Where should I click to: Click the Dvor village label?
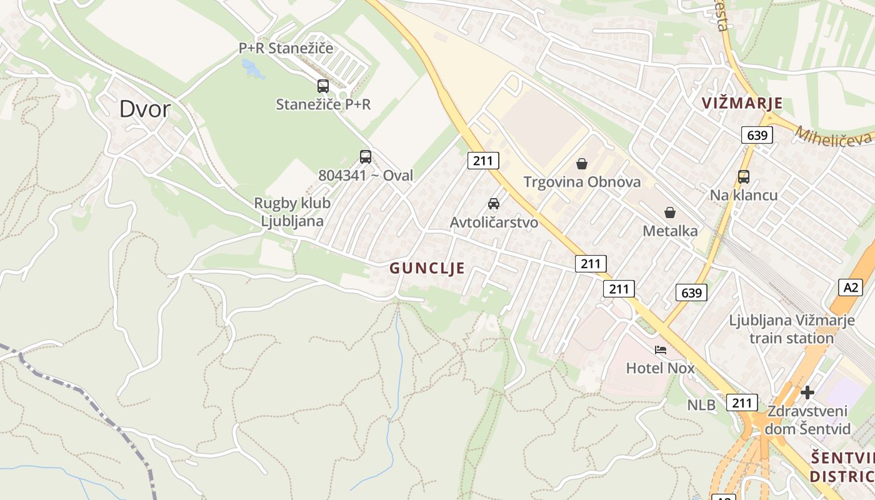tap(144, 109)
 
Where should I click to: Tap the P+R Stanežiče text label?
tap(286, 48)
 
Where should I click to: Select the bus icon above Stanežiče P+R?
tap(322, 86)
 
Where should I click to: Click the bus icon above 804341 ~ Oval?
tap(366, 157)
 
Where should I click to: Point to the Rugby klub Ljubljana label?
tap(292, 212)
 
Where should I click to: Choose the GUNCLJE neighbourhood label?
tap(427, 268)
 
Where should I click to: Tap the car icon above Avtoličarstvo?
tap(494, 204)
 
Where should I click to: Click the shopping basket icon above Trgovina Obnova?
tap(582, 164)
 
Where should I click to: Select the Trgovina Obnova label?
tap(582, 182)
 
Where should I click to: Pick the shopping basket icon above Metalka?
tap(670, 212)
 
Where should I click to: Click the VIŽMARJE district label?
tap(742, 103)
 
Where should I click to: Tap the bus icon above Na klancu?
tap(743, 177)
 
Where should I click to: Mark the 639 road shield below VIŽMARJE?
tap(757, 135)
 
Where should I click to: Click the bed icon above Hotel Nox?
tap(661, 350)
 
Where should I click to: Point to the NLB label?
tap(701, 405)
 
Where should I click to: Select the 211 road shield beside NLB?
tap(742, 403)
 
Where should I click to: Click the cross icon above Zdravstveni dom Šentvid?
tap(807, 392)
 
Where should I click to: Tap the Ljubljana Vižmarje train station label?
tap(791, 329)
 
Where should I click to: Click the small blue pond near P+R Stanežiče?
tap(253, 67)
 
